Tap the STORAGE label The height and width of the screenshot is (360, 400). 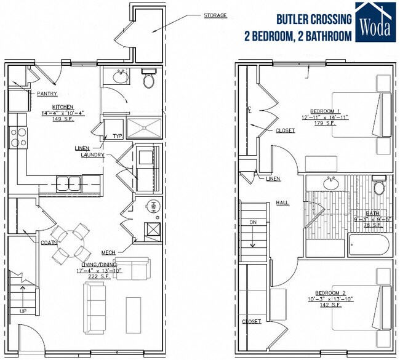[x=215, y=15]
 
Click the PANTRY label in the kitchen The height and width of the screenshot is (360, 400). [x=47, y=94]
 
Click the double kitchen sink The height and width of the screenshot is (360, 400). [x=68, y=182]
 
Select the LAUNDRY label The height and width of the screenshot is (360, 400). [x=92, y=155]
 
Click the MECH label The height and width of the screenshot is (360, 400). [x=108, y=252]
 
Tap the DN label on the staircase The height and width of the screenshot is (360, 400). [x=252, y=222]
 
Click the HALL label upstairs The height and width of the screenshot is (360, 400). [x=282, y=202]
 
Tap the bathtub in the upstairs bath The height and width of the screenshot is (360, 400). [x=369, y=247]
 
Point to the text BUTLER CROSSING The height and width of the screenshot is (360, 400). [x=314, y=19]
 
